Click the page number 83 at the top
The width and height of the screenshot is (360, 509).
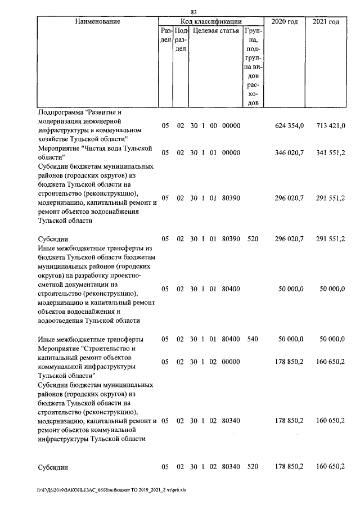pyautogui.click(x=193, y=12)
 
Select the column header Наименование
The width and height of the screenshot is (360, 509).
pyautogui.click(x=97, y=21)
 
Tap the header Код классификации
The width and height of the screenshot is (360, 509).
pyautogui.click(x=211, y=21)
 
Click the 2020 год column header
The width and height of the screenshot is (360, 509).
pyautogui.click(x=285, y=21)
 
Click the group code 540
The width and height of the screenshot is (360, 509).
pyautogui.click(x=253, y=339)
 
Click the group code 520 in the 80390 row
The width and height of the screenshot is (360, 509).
pyautogui.click(x=253, y=239)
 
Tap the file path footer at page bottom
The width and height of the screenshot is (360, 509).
pyautogui.click(x=111, y=490)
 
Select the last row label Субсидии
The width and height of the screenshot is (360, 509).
pyautogui.click(x=53, y=467)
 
